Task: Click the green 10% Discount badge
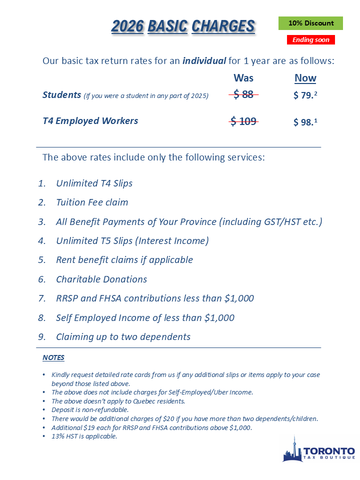(x=310, y=23)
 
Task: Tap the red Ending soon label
(x=310, y=40)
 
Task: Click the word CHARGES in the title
(x=223, y=26)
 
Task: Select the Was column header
(x=243, y=78)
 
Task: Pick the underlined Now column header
(x=305, y=78)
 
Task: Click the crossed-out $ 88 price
(x=243, y=94)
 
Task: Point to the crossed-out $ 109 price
(x=243, y=121)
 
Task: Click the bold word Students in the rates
(x=61, y=94)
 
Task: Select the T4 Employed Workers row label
(x=90, y=121)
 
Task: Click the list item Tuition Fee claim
(x=92, y=202)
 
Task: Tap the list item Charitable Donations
(x=101, y=279)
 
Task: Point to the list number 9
(x=41, y=337)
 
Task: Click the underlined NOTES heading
(x=53, y=358)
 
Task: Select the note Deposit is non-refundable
(x=90, y=409)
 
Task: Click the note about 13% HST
(x=84, y=436)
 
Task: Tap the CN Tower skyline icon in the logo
(x=292, y=449)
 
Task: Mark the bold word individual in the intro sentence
(x=204, y=61)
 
